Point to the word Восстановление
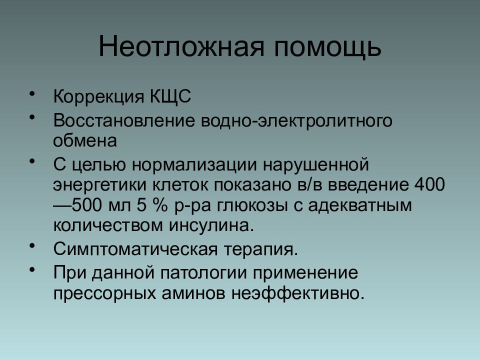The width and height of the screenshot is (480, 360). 124,120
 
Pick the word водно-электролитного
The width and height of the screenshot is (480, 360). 296,121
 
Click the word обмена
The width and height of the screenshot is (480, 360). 85,141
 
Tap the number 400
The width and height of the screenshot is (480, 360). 429,184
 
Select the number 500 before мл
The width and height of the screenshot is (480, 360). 86,205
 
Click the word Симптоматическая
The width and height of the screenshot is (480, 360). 135,249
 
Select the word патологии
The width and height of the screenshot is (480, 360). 203,273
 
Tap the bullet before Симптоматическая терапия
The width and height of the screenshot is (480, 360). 32,246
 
